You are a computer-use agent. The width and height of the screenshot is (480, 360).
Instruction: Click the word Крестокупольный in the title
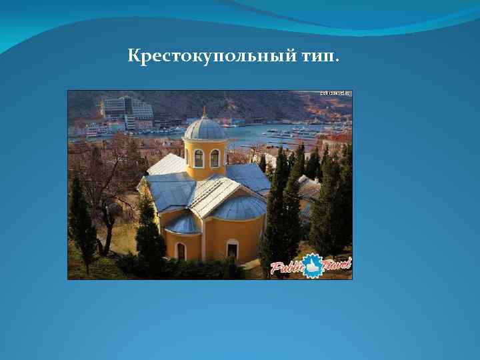(x=213, y=57)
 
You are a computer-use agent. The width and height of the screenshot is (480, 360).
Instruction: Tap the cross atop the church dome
(x=205, y=110)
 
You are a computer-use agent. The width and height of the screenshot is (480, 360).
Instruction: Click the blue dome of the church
(x=205, y=129)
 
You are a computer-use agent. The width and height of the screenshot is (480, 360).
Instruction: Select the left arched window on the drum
(x=198, y=158)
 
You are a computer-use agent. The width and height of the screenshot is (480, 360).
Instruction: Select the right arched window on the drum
(x=215, y=158)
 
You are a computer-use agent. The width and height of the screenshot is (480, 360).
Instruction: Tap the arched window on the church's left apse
(x=181, y=251)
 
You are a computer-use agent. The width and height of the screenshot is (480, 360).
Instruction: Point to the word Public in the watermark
(x=287, y=267)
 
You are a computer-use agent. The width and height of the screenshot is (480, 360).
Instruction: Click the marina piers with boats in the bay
(x=300, y=133)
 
